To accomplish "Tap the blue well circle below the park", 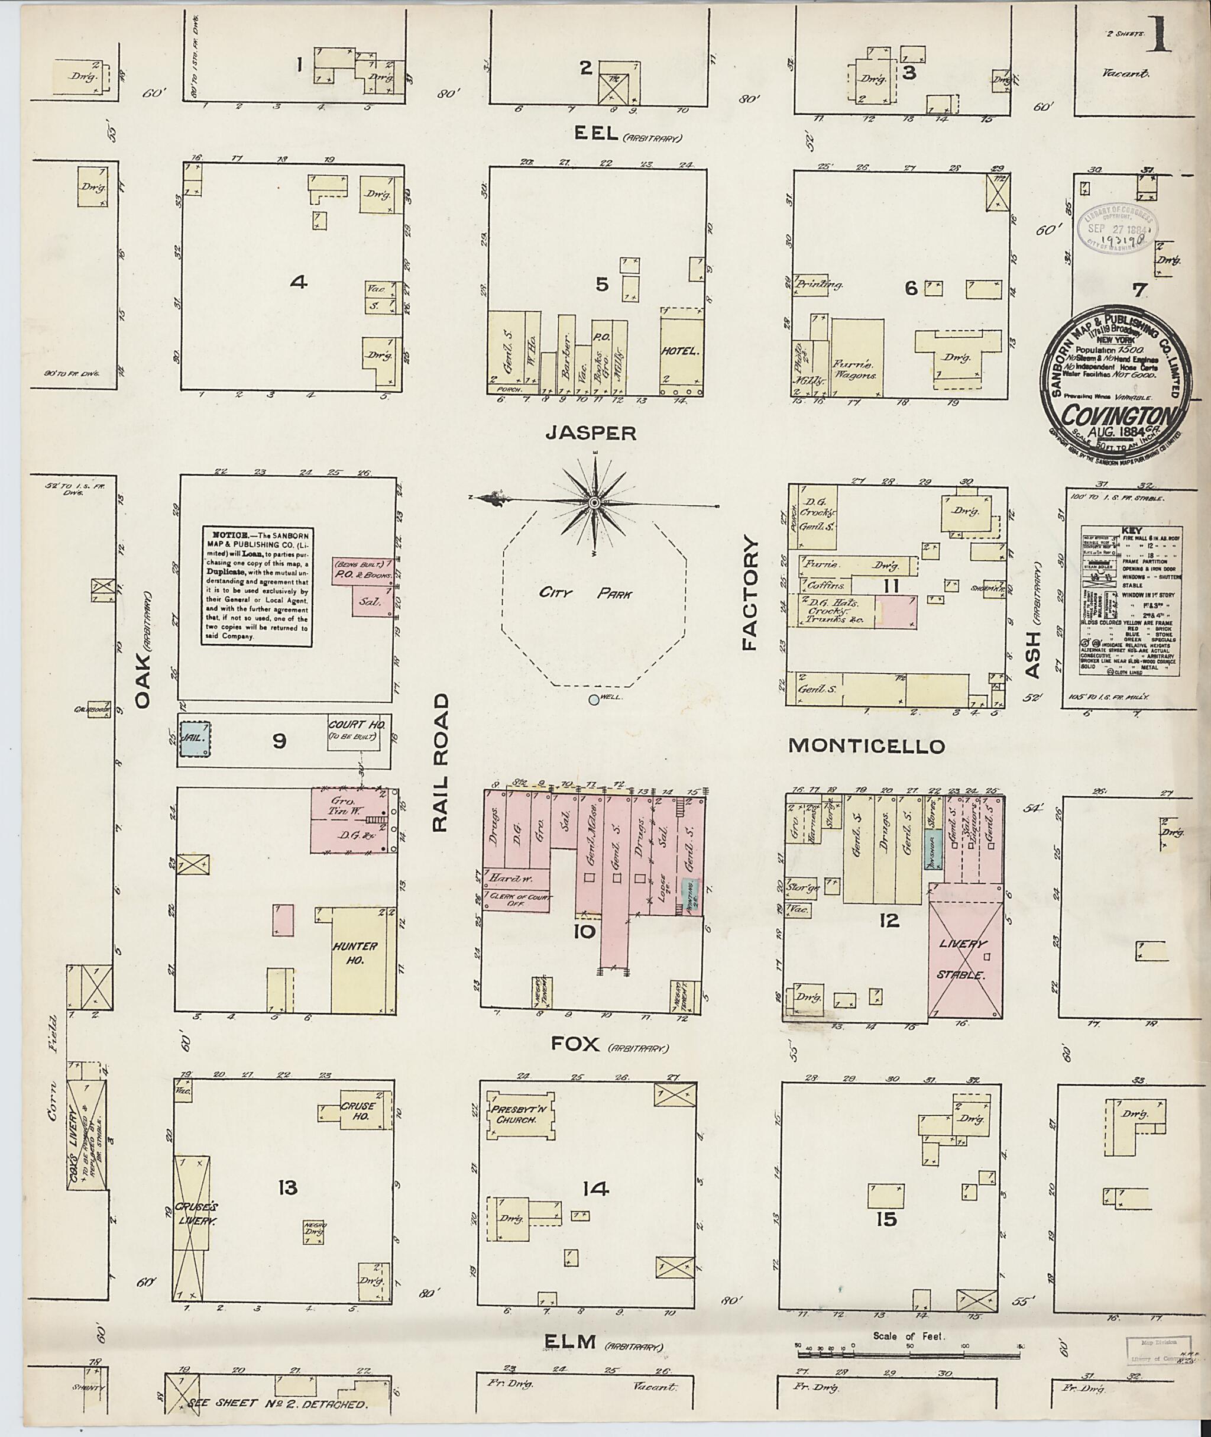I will click(593, 700).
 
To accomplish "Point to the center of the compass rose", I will click(594, 503).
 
